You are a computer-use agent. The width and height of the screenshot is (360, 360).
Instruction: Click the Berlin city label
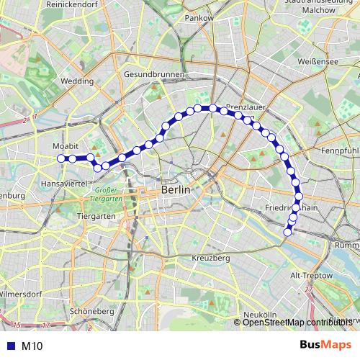pos(176,189)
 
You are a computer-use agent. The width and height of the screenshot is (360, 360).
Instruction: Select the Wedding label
pos(77,82)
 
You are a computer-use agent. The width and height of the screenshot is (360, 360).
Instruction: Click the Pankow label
pos(199,17)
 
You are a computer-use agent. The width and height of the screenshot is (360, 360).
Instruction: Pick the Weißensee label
pos(318,63)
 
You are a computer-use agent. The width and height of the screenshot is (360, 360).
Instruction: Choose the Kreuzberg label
pos(211,257)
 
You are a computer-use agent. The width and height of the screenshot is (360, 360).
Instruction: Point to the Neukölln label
pos(260,315)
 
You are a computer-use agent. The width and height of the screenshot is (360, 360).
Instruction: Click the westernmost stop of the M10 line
pos(61,158)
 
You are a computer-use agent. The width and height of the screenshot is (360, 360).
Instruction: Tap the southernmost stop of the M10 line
pos(288,232)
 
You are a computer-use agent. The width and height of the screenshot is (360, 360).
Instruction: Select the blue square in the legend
pos(10,346)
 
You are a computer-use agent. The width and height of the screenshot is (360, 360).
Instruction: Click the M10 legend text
pos(32,346)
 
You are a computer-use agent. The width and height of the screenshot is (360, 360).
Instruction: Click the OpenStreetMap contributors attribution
pos(296,322)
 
